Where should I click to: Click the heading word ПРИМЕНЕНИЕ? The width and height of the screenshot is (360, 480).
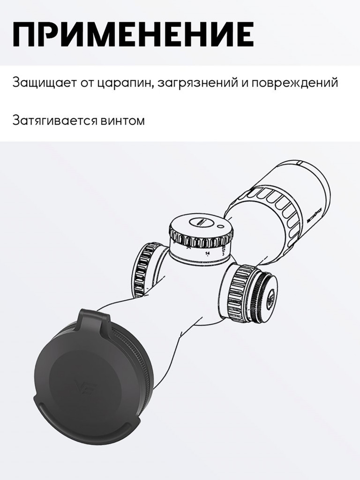point(133,34)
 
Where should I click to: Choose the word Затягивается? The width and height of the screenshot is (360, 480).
point(54,120)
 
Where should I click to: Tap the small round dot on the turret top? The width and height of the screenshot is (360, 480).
point(220,226)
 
